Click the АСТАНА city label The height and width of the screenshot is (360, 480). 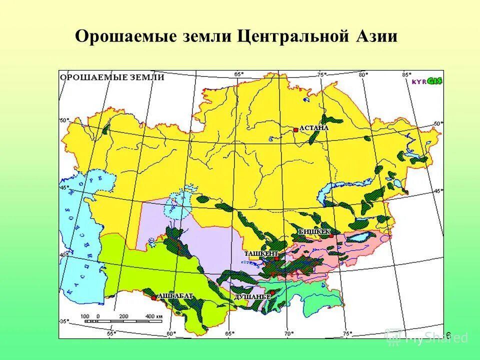[313, 127]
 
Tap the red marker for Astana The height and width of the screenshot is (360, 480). [296, 129]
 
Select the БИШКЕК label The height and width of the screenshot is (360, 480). [313, 231]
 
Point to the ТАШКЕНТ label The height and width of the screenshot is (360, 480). [260, 253]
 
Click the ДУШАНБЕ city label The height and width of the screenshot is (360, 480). [252, 296]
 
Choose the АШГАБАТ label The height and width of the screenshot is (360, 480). [175, 296]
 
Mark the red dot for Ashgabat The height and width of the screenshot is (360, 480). [153, 298]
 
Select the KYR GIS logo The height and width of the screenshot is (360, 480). [427, 81]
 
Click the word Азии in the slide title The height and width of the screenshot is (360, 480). [374, 37]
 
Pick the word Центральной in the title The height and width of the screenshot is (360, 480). [289, 37]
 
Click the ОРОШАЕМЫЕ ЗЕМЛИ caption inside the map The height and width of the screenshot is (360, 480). [111, 77]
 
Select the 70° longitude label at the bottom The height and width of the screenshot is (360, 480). [288, 332]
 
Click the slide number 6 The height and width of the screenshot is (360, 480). [448, 334]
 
